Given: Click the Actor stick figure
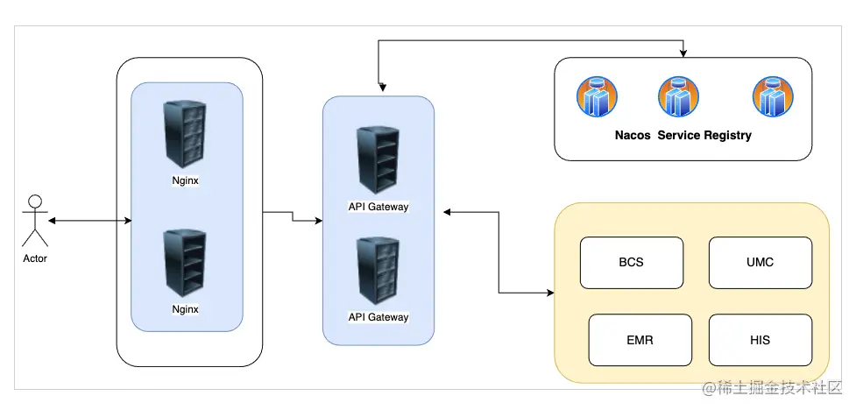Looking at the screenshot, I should [x=35, y=222].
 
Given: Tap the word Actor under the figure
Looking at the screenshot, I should [x=35, y=258].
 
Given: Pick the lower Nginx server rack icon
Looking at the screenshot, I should [x=186, y=262].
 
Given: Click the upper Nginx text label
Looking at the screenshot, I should [x=186, y=180].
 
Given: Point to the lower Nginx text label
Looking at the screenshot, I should [x=186, y=309].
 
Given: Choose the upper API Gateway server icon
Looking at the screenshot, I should [x=378, y=160].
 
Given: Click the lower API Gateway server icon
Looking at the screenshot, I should [x=378, y=271].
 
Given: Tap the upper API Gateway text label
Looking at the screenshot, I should [x=378, y=208].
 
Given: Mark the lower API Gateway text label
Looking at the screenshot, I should [x=378, y=317].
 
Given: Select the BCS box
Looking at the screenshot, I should [x=631, y=262].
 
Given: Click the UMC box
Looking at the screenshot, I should [x=760, y=262].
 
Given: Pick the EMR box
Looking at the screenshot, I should [x=640, y=340].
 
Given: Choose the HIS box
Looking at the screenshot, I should [x=760, y=340].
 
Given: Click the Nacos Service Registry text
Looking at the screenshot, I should [x=683, y=136].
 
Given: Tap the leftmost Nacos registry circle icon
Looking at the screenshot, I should [x=598, y=97].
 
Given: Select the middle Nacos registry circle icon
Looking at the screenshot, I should [x=679, y=97].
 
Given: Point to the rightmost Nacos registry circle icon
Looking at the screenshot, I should [x=774, y=97].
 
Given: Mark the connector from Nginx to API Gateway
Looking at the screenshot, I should [x=293, y=216].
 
